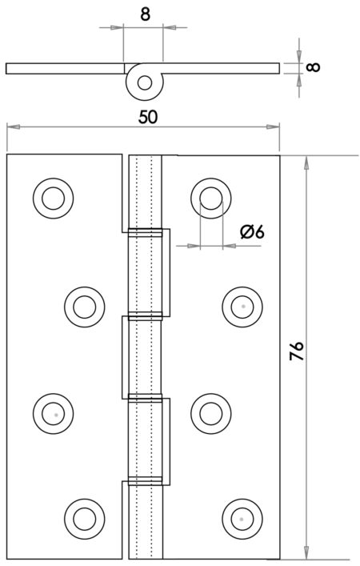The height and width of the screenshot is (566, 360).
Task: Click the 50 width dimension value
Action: coord(146,115)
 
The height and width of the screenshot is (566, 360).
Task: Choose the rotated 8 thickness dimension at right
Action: coord(313,66)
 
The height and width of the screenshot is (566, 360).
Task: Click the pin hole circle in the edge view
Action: coord(144,81)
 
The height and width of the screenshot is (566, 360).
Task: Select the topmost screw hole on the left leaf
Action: coord(53,196)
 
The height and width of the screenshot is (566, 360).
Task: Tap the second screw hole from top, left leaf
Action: coord(83,307)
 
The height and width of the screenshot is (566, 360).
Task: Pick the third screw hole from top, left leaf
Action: coord(53,414)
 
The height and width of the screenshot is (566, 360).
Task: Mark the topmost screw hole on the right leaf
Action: coord(210,196)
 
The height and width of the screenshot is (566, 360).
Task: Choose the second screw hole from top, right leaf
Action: coord(241,307)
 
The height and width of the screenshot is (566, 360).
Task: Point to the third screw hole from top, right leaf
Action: coord(210,414)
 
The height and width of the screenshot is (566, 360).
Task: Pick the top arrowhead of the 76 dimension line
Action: coord(305,161)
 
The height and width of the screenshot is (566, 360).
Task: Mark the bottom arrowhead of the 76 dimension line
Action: coord(305,553)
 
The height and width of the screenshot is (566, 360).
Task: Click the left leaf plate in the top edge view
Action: coord(64,68)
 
